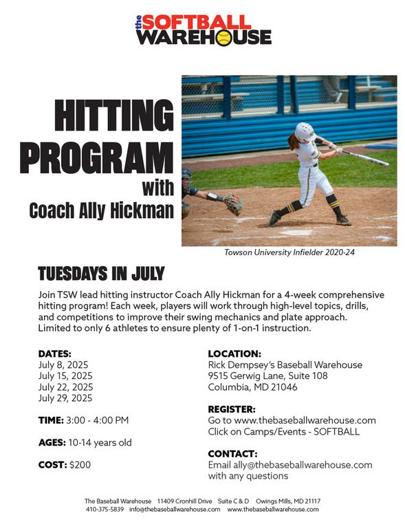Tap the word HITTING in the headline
point(114,115)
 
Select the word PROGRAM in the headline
point(97,157)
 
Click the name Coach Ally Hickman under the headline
point(102,211)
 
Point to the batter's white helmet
point(305,131)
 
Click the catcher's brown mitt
point(233,204)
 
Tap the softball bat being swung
point(364,157)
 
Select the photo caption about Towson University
point(289,252)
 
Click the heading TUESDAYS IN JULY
point(101,274)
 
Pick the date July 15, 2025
point(65,375)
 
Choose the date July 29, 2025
point(65,398)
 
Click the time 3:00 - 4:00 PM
point(97,420)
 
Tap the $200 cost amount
point(80,465)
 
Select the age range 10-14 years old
point(100,443)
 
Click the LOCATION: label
point(234,353)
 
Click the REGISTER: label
point(232,409)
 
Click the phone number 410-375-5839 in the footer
point(105,510)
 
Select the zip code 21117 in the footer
point(313,501)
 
